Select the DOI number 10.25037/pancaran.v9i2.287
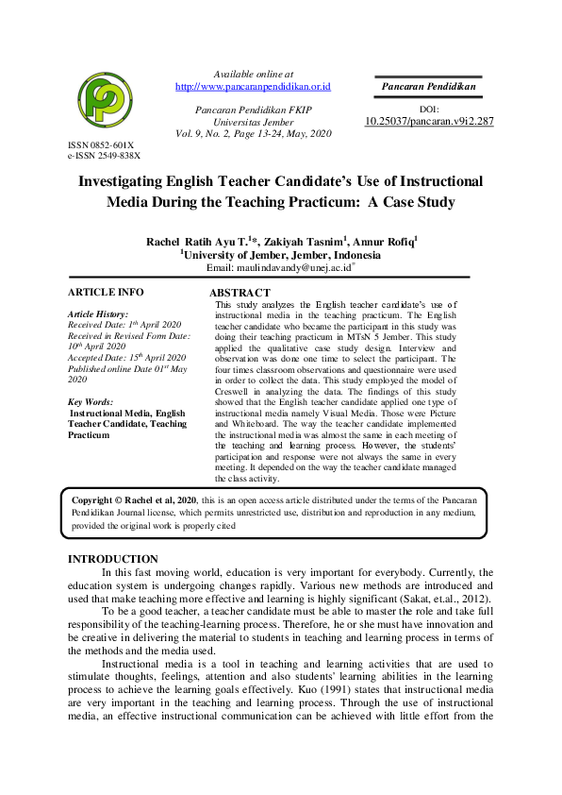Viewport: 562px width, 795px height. (x=429, y=122)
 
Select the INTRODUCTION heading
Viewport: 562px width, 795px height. (x=113, y=560)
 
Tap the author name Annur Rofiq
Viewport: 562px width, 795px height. (x=387, y=242)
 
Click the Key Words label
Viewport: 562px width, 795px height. (x=91, y=402)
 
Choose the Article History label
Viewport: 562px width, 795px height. (x=98, y=313)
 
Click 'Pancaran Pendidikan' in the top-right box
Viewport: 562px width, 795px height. (x=428, y=87)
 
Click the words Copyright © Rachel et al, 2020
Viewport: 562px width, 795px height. (x=133, y=498)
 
